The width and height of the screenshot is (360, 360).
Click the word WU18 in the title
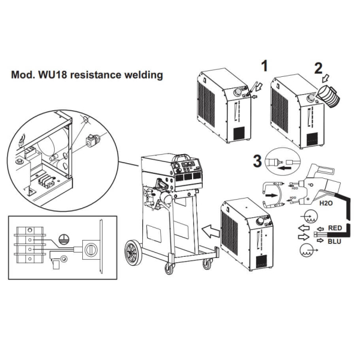coord(56,76)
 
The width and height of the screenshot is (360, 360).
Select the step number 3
coord(257,160)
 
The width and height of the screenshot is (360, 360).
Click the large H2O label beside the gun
coord(326,203)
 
